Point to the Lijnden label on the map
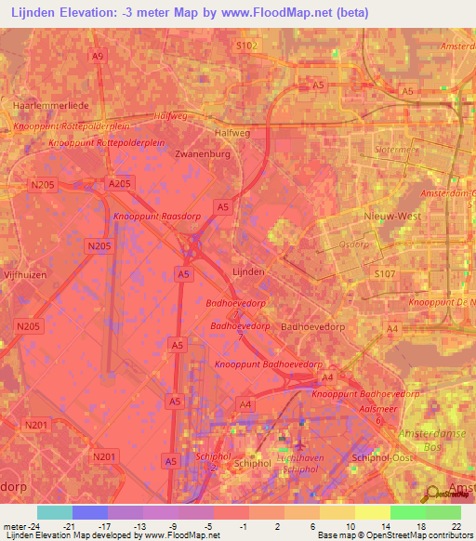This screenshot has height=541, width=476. coord(247,270)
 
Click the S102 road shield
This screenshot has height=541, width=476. coord(245,46)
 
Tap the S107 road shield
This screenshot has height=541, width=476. coord(384,274)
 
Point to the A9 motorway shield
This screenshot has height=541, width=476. coord(98,57)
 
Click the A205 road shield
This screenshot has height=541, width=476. coord(120,184)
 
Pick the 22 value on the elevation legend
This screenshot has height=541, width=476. coord(456,526)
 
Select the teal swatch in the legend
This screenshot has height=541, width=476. coord(54,512)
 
